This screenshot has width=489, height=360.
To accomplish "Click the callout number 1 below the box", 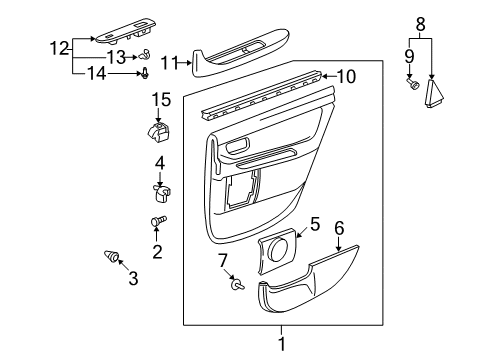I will [281, 345].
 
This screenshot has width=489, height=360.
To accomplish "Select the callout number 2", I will [157, 251].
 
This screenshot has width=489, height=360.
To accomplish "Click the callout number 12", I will [59, 46].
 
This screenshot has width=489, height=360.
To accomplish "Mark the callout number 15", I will [157, 99].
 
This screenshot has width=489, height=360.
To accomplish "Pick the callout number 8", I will [421, 21].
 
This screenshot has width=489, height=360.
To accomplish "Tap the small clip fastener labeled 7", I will [238, 284].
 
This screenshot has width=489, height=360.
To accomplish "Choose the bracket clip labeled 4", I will [160, 185].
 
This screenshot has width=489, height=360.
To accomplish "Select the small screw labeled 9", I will [412, 86].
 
